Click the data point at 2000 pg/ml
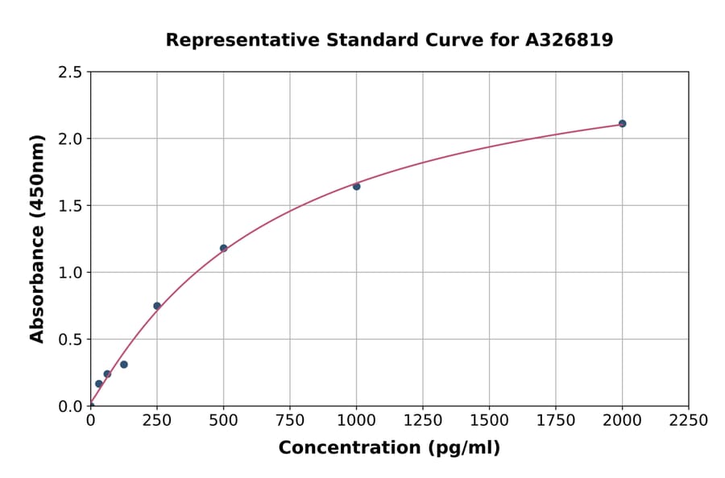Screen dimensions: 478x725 coord(622,124)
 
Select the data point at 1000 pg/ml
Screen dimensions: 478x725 coord(356,187)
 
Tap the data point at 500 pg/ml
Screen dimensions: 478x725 coord(223,249)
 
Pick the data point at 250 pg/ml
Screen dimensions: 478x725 coord(157,306)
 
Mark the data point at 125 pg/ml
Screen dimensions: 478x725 coord(124,365)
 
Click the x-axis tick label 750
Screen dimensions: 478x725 coord(290,421)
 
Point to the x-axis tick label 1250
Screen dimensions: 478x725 coord(423,421)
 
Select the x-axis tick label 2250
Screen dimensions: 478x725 coord(689,421)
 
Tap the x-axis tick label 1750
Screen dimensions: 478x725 coord(556,421)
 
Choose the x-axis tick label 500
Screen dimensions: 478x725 coord(223,421)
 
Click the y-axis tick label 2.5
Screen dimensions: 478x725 coord(70,72)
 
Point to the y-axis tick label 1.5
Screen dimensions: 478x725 coord(70,206)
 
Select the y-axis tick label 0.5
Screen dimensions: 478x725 coord(70,340)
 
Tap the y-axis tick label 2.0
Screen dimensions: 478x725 coord(70,139)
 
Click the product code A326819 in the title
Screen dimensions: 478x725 coord(570,40)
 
